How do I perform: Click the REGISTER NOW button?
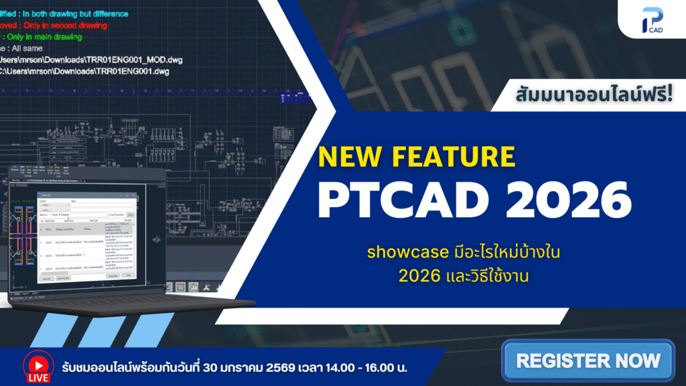[x=588, y=361]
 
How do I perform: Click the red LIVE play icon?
[x=38, y=362]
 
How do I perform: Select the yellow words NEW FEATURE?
[x=416, y=156]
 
